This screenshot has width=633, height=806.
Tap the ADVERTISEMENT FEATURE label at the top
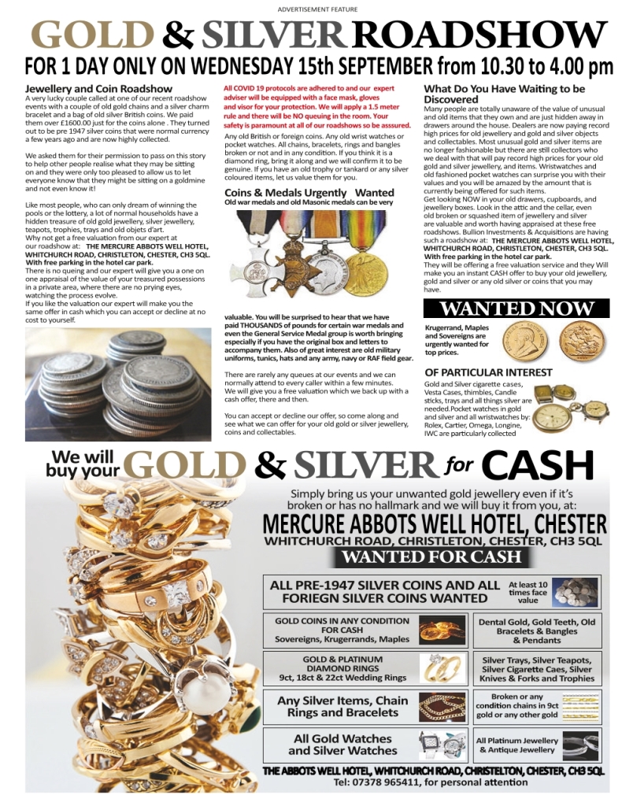(317, 9)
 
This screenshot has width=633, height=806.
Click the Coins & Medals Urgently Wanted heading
(309, 192)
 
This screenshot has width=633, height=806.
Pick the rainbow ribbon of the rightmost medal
(368, 232)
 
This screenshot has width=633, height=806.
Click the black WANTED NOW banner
(517, 308)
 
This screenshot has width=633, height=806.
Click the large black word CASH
(538, 466)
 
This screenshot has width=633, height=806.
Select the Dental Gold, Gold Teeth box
(537, 630)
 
